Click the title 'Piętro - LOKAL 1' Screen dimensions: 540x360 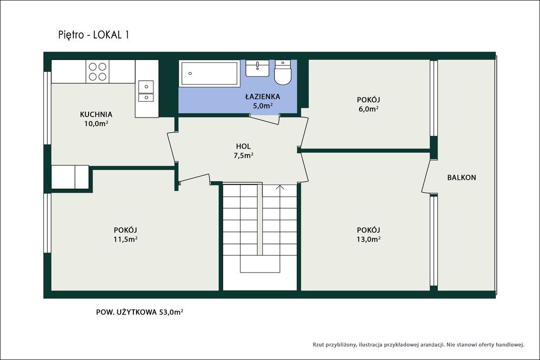click(94, 35)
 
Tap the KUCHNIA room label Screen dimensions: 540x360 click(96, 114)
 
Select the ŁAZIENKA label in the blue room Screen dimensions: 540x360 click(263, 96)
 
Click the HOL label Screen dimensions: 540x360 click(244, 147)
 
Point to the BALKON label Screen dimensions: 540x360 click(461, 178)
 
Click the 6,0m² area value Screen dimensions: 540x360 click(369, 109)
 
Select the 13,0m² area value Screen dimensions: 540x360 click(369, 239)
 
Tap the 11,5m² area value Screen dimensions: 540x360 click(126, 239)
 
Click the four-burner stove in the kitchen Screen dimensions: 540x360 click(98, 72)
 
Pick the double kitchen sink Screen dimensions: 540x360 click(146, 91)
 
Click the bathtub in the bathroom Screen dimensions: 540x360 click(209, 73)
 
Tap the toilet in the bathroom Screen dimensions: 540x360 click(283, 72)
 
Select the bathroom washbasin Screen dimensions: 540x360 click(257, 68)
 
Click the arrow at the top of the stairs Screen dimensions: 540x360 click(279, 188)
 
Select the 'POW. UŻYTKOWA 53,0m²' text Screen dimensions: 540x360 click(139, 312)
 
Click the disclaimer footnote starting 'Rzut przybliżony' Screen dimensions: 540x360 click(418, 345)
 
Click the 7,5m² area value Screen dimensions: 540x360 click(244, 155)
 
